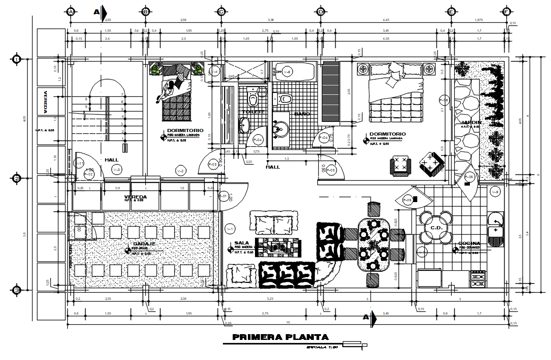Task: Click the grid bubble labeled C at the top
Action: [x=221, y=12]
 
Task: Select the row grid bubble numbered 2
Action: [x=17, y=178]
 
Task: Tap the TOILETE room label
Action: [x=254, y=112]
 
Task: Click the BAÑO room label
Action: [x=302, y=114]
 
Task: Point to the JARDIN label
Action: [x=471, y=122]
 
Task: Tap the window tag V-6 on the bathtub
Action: [x=288, y=71]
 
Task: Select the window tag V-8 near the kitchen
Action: [x=495, y=192]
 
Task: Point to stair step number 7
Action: [x=122, y=95]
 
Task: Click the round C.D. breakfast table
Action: [x=436, y=228]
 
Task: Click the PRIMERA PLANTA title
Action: [x=280, y=337]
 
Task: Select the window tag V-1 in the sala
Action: [x=230, y=229]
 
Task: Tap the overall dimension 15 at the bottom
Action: [x=288, y=322]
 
